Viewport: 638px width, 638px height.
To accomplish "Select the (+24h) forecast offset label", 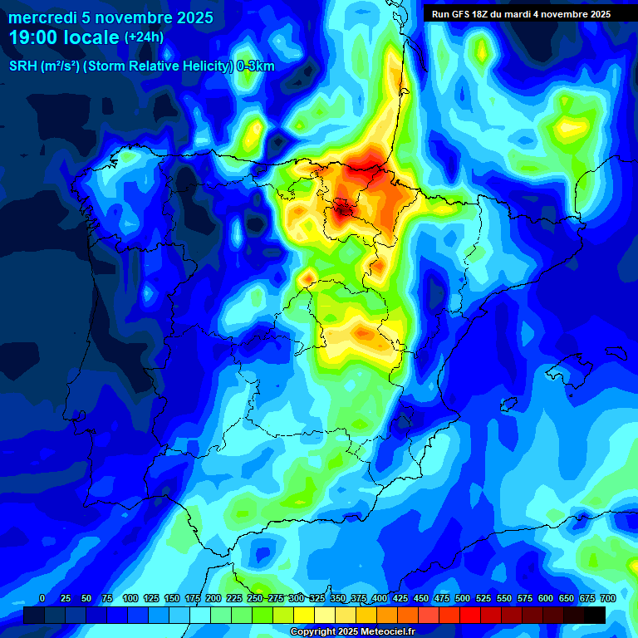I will [x=144, y=37].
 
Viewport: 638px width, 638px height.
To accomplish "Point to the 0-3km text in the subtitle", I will [x=256, y=66].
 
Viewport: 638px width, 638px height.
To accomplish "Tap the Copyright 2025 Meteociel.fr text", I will [x=352, y=631].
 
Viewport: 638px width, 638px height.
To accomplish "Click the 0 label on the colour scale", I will [x=42, y=598].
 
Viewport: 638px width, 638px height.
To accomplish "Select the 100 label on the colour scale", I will [x=130, y=598].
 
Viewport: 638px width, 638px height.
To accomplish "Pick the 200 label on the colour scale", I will [x=213, y=598].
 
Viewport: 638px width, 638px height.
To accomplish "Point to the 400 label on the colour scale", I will [x=379, y=598].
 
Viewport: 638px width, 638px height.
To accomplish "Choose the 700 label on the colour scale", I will [x=607, y=598].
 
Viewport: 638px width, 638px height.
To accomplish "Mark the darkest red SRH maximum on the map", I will [x=341, y=209].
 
